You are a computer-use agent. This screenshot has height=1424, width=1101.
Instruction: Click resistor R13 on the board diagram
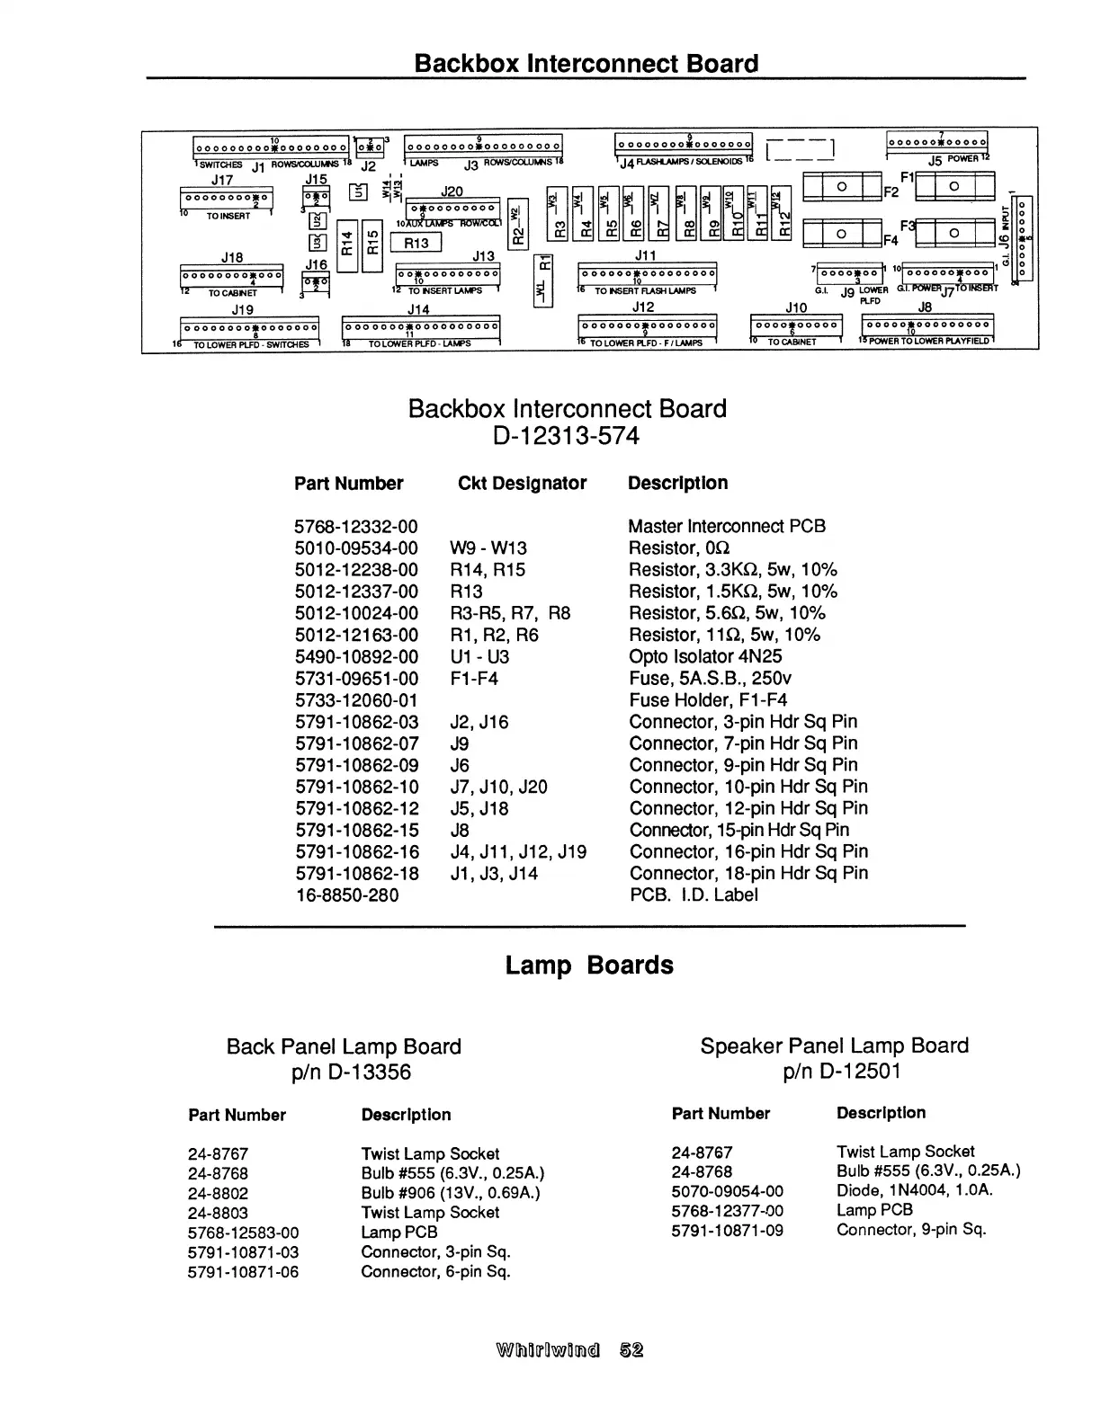[416, 243]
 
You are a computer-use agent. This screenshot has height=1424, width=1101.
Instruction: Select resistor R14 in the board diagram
[346, 242]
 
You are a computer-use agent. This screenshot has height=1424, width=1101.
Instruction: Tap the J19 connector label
[243, 309]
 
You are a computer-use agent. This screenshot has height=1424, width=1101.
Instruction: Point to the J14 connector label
[418, 309]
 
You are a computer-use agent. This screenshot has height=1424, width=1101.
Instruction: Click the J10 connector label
[796, 307]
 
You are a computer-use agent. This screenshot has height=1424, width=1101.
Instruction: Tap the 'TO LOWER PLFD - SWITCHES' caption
[252, 344]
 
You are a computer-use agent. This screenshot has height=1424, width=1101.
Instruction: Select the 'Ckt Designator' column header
[522, 484]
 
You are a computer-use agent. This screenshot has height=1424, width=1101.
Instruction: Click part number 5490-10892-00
[356, 657]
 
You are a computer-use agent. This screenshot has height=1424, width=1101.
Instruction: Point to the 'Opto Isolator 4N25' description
[705, 657]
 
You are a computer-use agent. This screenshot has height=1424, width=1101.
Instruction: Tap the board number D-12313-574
[567, 436]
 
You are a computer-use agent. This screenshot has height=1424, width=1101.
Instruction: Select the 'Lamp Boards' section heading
[589, 966]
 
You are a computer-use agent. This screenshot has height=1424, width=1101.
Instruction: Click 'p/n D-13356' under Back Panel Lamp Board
[344, 1072]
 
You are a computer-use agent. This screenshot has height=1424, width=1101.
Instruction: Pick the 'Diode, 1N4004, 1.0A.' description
[915, 1190]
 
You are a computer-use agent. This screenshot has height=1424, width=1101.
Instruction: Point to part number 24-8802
[219, 1193]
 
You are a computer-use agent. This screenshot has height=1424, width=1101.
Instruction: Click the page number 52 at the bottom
[631, 1350]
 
